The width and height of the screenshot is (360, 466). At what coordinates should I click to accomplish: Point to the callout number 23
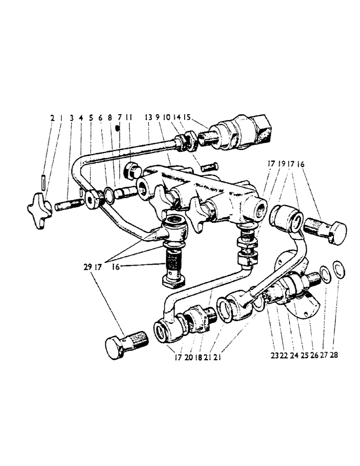(x=274, y=355)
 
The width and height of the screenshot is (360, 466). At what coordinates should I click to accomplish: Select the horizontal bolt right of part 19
(x=326, y=229)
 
